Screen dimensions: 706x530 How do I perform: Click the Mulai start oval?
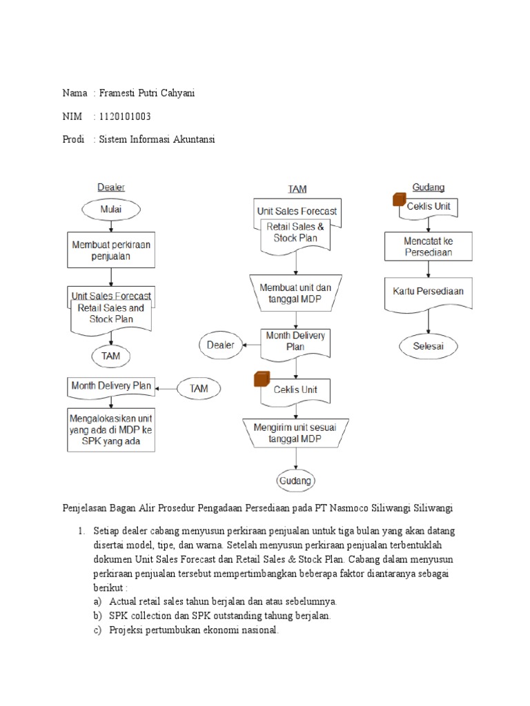pos(111,210)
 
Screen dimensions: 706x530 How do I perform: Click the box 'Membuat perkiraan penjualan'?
pos(111,250)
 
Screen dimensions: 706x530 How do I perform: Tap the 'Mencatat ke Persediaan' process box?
pos(428,247)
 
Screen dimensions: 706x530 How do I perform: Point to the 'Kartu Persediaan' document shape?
pos(429,292)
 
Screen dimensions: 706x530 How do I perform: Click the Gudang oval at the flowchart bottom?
pos(295,481)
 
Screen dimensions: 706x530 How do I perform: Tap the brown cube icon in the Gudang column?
pos(399,199)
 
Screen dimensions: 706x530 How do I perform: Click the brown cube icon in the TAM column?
pos(261,379)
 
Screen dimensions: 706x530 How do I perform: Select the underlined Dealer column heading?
pos(111,187)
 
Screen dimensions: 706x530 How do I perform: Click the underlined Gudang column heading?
pos(428,187)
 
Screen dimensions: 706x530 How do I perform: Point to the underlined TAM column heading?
pos(297,188)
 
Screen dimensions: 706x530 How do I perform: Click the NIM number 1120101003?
pos(125,116)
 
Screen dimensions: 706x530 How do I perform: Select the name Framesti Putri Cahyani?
pos(148,93)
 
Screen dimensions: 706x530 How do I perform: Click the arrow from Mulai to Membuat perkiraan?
pos(111,225)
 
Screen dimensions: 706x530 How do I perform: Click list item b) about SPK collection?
pos(214,616)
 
